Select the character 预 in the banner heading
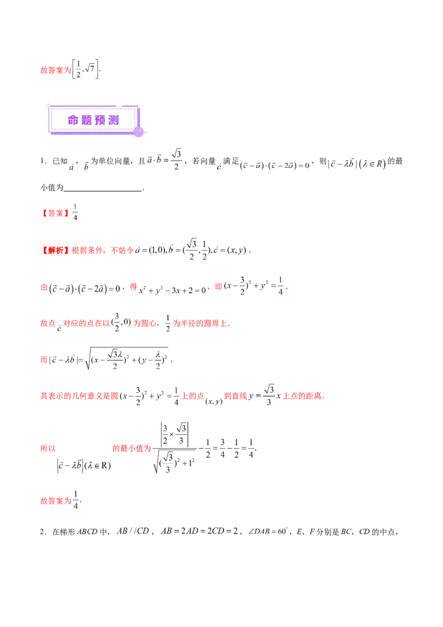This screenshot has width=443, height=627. point(100,120)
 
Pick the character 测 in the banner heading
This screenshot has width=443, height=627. point(114,120)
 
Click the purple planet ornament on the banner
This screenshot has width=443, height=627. point(138,131)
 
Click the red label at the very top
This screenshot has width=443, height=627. point(55,70)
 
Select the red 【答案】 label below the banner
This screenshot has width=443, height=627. point(55,213)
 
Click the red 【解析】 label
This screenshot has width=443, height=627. point(55,251)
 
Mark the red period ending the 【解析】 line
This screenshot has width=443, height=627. point(250,252)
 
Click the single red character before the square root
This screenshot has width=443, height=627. point(43,359)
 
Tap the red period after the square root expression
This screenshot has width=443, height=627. point(172,361)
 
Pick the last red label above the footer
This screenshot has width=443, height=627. point(55,501)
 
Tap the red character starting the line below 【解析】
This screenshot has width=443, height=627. point(43,287)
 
